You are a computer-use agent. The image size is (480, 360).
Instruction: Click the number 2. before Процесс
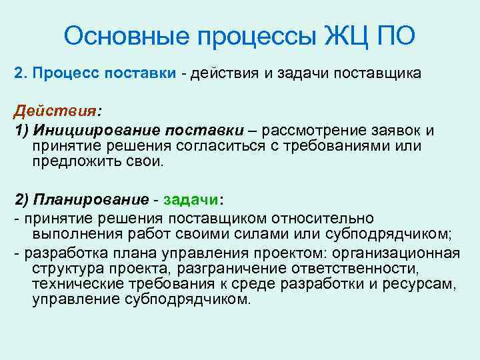21,73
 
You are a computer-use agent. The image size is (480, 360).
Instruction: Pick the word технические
73,284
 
